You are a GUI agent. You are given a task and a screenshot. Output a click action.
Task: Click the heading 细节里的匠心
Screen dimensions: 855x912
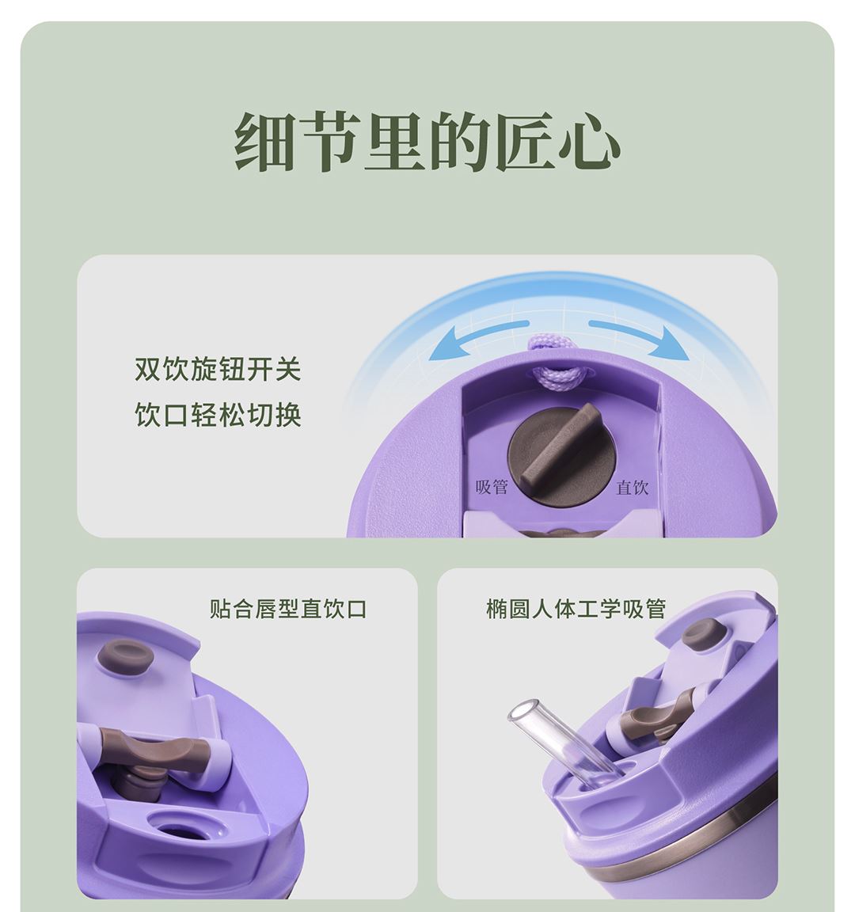427,142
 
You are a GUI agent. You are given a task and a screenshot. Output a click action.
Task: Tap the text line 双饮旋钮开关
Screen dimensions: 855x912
218,370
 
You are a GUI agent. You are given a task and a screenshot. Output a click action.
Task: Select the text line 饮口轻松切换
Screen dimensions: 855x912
218,416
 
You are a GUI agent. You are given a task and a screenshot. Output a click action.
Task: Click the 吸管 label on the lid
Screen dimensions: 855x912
492,486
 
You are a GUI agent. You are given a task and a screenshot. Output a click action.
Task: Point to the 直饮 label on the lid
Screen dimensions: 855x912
633,487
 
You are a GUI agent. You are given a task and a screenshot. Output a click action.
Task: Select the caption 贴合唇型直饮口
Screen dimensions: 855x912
288,609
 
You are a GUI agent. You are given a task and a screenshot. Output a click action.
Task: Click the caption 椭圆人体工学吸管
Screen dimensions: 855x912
576,609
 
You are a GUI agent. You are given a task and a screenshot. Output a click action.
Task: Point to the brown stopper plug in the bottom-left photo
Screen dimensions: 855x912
125,655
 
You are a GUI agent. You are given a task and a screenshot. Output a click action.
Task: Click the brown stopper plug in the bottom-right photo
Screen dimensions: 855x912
703,633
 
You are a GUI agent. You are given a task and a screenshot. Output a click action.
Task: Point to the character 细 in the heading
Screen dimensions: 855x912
264,142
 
